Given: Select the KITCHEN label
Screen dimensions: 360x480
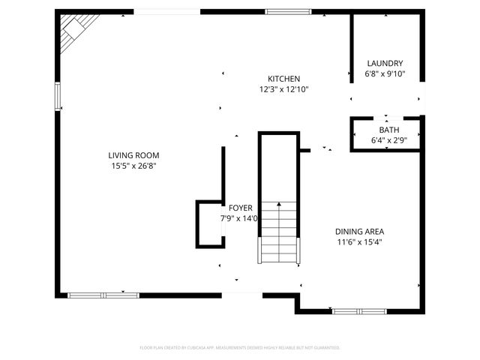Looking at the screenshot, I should (x=284, y=79).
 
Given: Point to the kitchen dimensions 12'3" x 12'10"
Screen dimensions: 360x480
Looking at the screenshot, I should (x=284, y=89).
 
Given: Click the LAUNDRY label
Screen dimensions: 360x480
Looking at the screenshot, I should (x=385, y=64).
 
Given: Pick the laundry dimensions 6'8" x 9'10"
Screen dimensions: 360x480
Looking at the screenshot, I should (x=385, y=74).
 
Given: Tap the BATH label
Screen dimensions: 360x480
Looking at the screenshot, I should (x=388, y=130).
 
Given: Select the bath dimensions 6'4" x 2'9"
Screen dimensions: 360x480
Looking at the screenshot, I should (x=388, y=140).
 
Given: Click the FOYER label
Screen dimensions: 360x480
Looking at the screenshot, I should (x=240, y=208).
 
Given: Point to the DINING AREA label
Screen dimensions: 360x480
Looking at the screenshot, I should (x=364, y=232).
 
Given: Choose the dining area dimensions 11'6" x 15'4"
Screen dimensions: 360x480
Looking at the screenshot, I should (x=364, y=242).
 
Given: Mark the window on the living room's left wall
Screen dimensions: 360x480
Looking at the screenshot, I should (x=58, y=97).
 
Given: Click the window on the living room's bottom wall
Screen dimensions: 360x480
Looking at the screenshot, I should (x=103, y=295).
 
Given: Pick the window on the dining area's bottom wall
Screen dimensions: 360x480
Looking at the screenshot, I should (x=359, y=310).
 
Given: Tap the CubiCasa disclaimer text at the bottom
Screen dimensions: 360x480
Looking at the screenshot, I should (x=240, y=348).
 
